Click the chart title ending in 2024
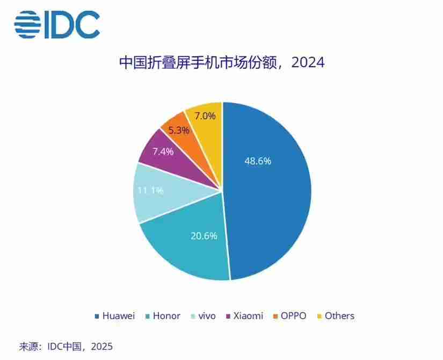point(221,63)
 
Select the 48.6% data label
point(258,161)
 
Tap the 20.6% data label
point(204,235)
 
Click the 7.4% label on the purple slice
point(162,152)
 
